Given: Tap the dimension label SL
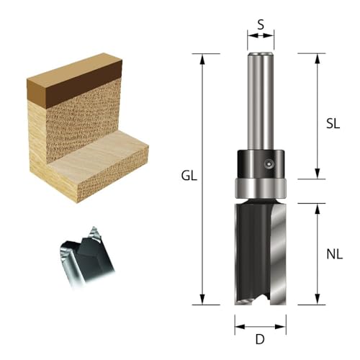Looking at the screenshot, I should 332,123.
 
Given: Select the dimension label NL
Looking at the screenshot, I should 333,253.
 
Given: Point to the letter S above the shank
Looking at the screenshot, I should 261,24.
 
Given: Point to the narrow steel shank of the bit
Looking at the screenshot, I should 260,101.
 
